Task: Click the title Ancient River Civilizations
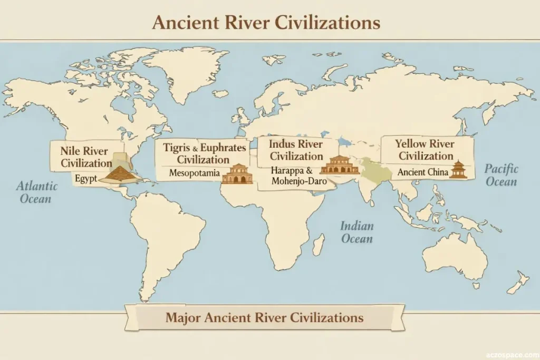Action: pyautogui.click(x=266, y=23)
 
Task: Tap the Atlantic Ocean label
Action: pyautogui.click(x=36, y=192)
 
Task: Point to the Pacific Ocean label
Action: pyautogui.click(x=501, y=175)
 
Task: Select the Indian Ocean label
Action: pyautogui.click(x=357, y=232)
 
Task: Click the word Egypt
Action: pyautogui.click(x=85, y=178)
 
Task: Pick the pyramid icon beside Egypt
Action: pyautogui.click(x=120, y=174)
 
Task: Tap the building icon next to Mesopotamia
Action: pyautogui.click(x=237, y=173)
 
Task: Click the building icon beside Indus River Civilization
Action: pyautogui.click(x=339, y=165)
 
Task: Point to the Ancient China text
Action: pyautogui.click(x=422, y=172)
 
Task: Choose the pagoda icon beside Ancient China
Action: pyautogui.click(x=458, y=169)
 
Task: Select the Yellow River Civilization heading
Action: pyautogui.click(x=426, y=149)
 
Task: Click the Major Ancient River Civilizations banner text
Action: pyautogui.click(x=264, y=317)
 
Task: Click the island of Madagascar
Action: pyautogui.click(x=318, y=245)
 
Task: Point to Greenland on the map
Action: pyautogui.click(x=185, y=71)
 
